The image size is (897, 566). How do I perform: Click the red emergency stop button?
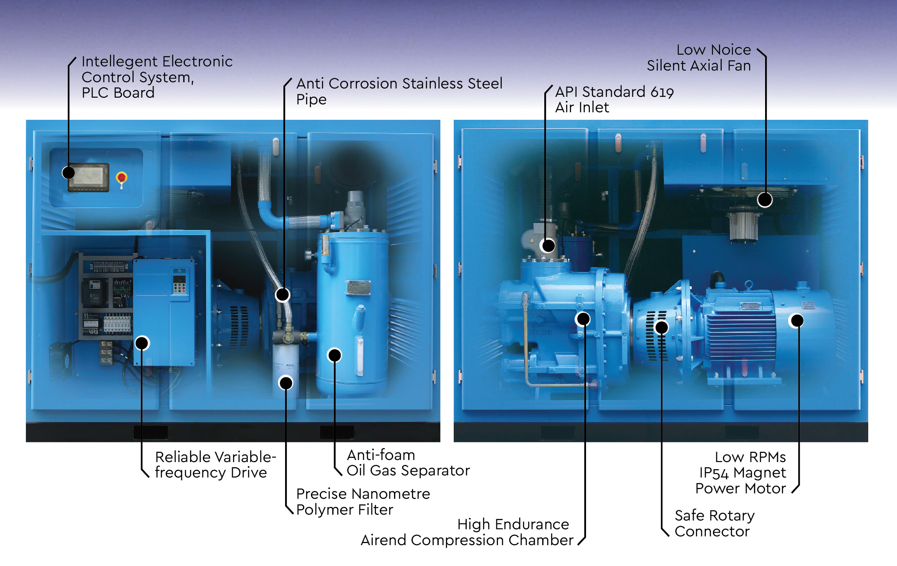tap(121, 178)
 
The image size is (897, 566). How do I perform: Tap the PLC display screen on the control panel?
tap(88, 177)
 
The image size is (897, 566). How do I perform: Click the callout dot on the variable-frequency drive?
tap(142, 343)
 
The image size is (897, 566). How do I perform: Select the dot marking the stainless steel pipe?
tap(283, 295)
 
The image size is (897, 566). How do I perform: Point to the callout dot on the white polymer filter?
tap(286, 383)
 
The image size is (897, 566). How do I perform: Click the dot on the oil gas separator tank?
tap(334, 355)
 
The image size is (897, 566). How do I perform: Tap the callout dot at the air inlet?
tap(548, 245)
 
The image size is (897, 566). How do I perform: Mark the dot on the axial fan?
tap(765, 200)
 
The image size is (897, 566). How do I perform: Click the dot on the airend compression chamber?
tap(583, 319)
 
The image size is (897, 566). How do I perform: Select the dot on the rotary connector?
tap(662, 327)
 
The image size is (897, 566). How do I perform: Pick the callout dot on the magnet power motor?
tap(797, 321)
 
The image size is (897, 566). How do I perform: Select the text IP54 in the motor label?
tap(714, 473)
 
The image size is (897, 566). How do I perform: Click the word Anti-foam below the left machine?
tap(381, 455)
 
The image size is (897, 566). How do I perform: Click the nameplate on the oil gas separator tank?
tap(358, 288)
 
